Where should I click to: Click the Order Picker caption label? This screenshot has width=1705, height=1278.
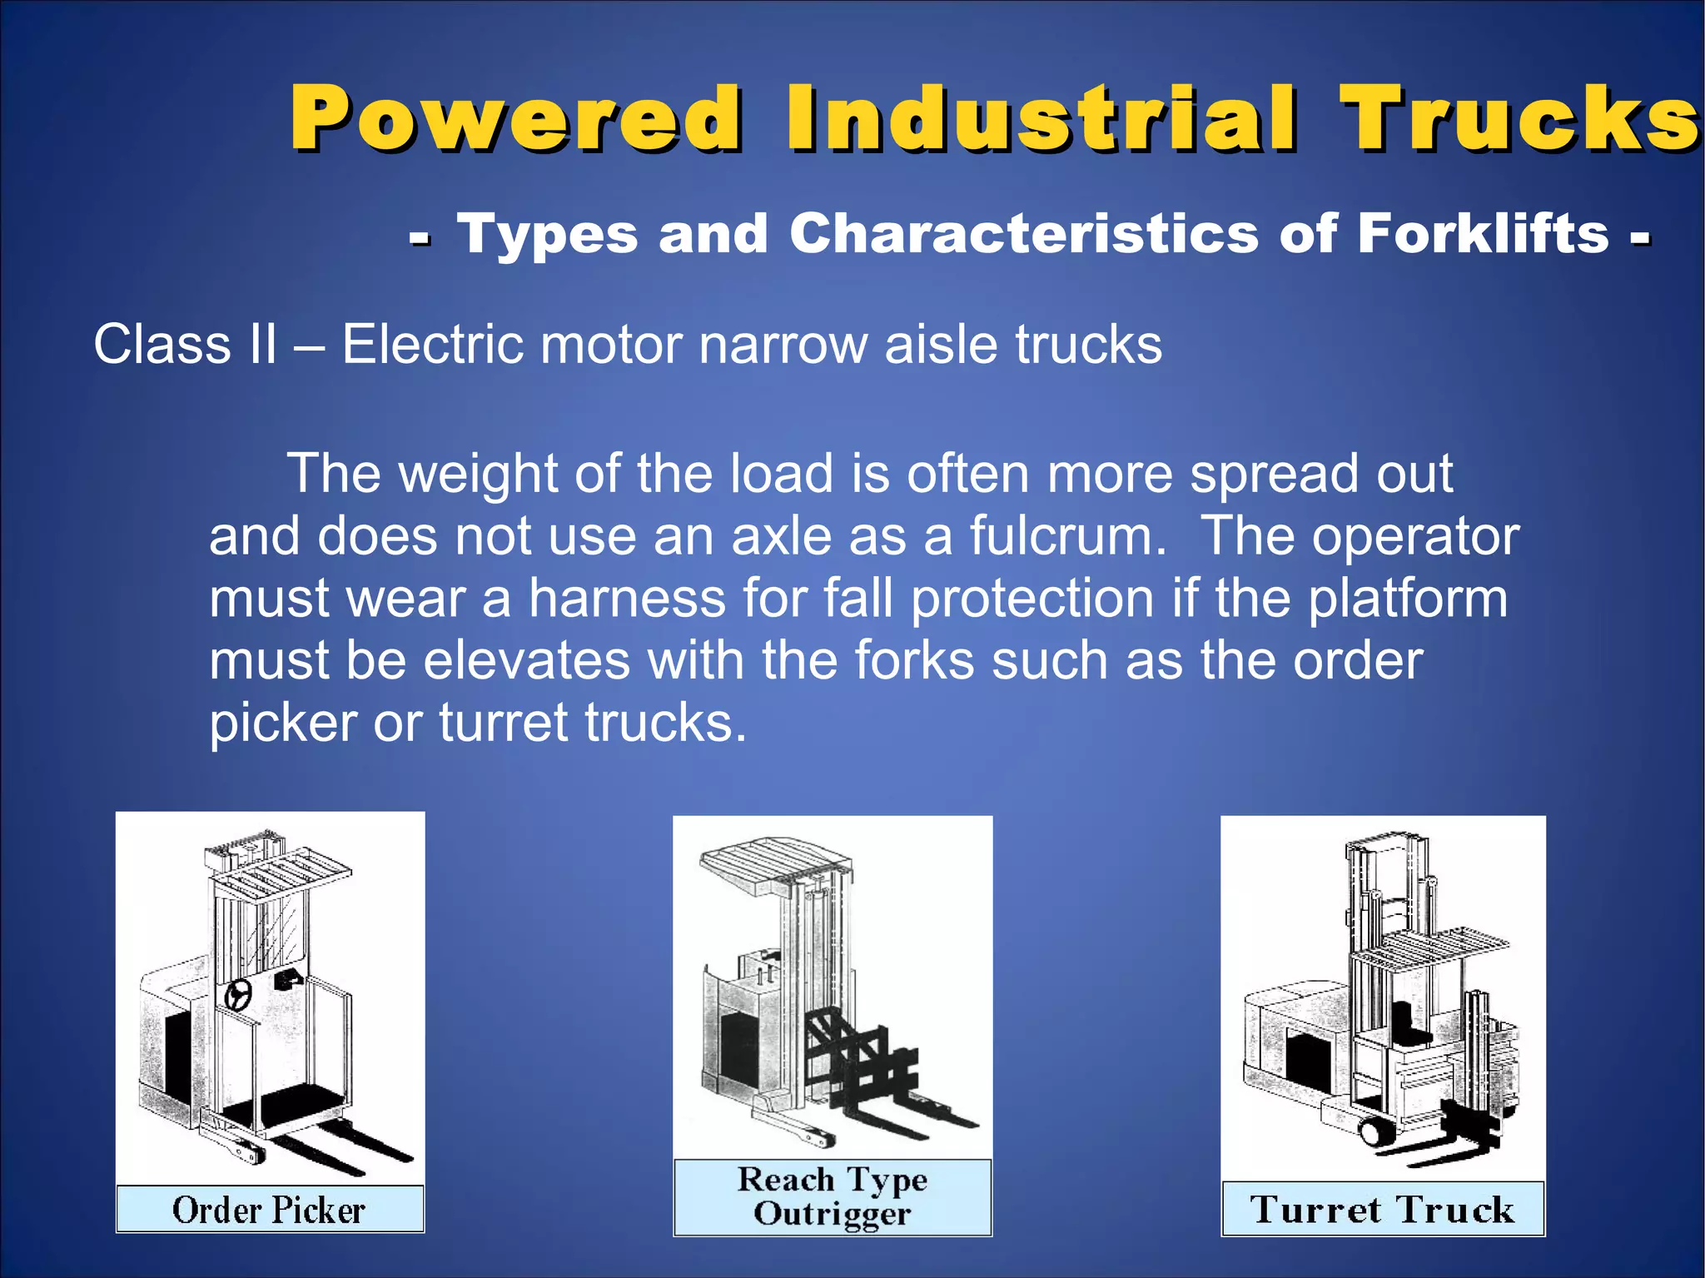(269, 1210)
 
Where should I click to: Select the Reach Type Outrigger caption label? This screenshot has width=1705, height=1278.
(832, 1197)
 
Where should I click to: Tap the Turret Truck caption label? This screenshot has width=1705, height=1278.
(1382, 1209)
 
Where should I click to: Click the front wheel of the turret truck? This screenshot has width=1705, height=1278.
(1372, 1131)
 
